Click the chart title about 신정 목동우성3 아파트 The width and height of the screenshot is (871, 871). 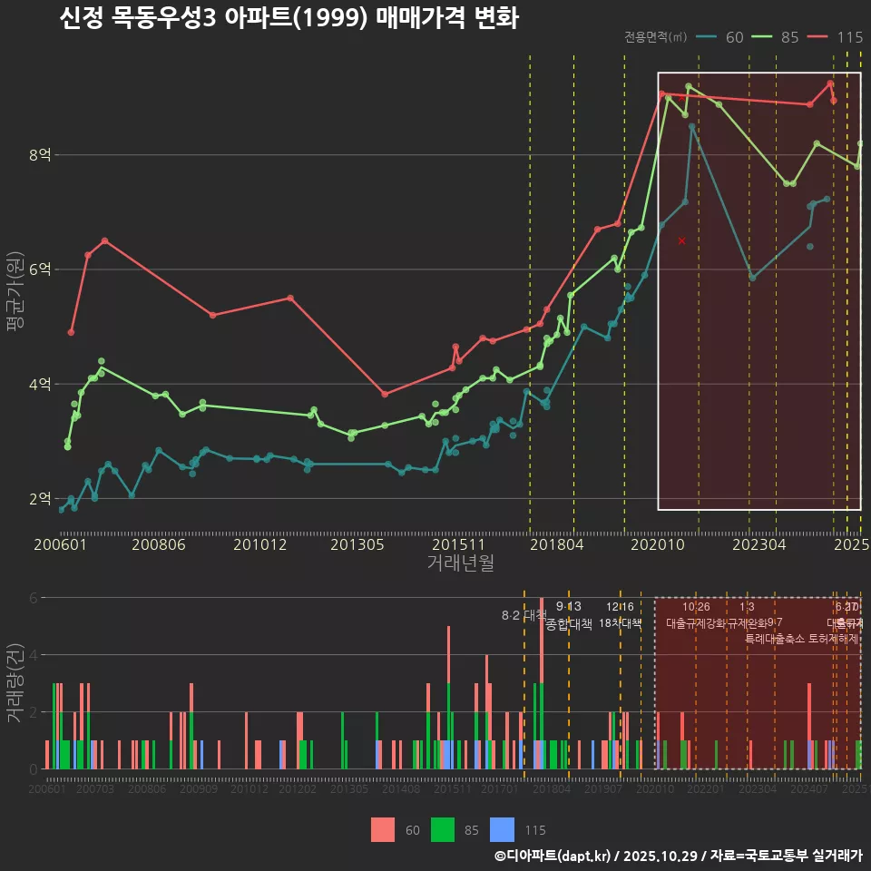click(x=289, y=19)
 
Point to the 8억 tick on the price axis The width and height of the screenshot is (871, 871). click(x=39, y=155)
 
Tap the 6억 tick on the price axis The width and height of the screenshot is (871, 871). click(x=39, y=269)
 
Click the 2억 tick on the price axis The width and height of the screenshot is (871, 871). click(x=39, y=498)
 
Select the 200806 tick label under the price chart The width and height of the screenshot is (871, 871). click(x=160, y=545)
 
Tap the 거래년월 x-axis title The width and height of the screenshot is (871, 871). click(x=460, y=563)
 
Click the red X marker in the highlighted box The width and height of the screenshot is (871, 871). click(x=681, y=240)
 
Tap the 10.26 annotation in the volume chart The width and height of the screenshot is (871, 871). click(x=696, y=607)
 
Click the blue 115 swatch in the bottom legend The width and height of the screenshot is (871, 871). click(x=502, y=829)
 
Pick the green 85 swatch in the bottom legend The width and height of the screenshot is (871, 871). click(x=442, y=829)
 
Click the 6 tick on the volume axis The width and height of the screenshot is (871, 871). click(x=34, y=598)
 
